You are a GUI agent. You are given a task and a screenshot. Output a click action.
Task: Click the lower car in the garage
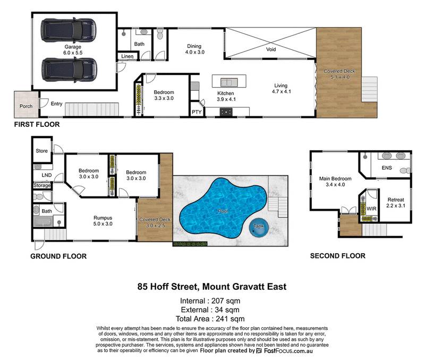69,68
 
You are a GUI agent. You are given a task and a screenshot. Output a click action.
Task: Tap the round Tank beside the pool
259,227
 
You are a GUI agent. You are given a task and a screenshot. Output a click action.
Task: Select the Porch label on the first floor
25,106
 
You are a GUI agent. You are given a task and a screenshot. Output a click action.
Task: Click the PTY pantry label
197,112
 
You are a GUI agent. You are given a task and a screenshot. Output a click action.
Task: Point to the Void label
270,49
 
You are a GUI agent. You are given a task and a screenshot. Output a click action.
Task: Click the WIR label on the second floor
371,209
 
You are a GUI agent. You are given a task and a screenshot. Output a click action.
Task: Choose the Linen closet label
127,56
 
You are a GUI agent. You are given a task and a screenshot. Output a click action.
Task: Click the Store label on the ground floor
41,151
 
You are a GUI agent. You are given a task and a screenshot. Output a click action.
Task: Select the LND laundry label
46,174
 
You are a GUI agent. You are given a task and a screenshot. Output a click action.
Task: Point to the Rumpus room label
102,217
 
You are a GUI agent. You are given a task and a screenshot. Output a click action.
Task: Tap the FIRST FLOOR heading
37,125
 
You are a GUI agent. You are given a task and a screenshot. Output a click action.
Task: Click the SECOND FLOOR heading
337,256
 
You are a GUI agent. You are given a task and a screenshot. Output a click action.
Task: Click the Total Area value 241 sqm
226,319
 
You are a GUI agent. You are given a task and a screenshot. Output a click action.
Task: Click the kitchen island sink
229,82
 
